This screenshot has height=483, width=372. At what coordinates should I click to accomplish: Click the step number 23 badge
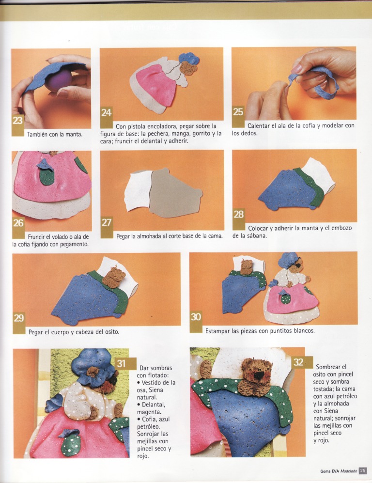pos(18,125)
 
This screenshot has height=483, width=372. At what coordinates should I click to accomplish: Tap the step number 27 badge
pos(107,227)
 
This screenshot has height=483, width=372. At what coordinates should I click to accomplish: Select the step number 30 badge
pos(196,322)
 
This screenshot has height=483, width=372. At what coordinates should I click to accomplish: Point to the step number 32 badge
pos(302,362)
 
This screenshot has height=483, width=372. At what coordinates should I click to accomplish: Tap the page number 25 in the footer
pos(363,471)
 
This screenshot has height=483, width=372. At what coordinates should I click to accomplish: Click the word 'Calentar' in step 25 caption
pos(258,125)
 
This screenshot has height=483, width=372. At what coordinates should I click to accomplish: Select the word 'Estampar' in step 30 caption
pos(217,331)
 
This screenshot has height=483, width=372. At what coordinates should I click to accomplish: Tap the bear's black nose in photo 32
pos(260,375)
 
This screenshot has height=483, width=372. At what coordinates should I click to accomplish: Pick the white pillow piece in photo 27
pos(138,192)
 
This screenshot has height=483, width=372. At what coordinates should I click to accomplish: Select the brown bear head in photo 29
pos(114,277)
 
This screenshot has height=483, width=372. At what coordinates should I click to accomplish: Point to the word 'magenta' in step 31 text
pos(147,412)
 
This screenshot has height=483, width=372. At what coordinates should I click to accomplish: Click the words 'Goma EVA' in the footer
pos(329,471)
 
